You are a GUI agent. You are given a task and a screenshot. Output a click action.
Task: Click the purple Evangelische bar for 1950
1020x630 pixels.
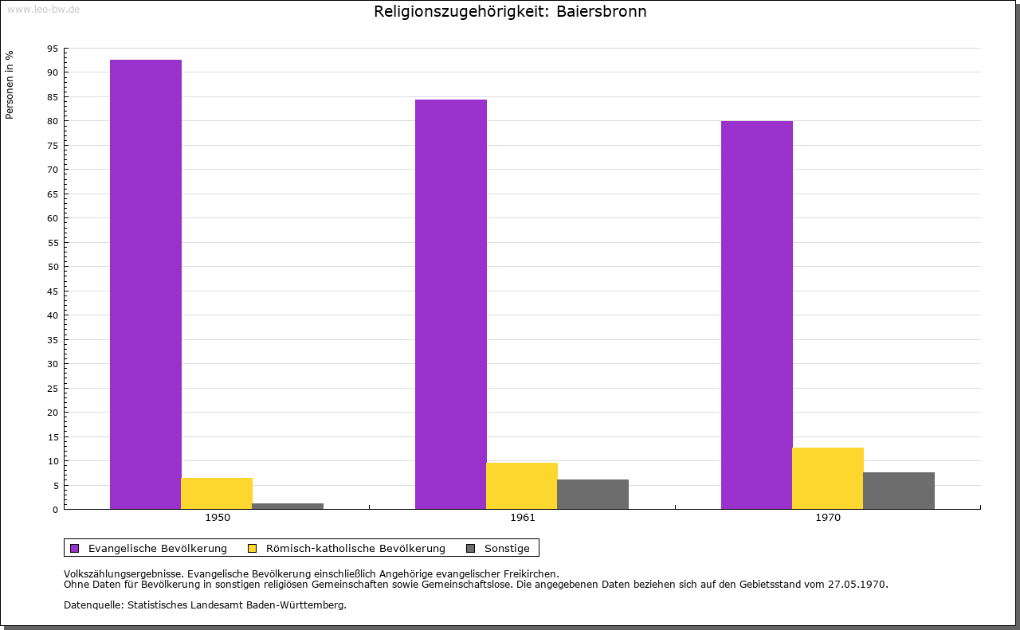[145, 284]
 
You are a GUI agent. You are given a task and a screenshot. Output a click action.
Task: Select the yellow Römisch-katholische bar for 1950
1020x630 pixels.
[217, 493]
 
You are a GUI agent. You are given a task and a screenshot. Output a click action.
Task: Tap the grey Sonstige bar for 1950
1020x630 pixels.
[288, 506]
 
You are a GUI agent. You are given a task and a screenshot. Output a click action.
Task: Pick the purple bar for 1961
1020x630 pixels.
[451, 304]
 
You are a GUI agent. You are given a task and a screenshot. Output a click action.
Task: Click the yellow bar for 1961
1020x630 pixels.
[522, 486]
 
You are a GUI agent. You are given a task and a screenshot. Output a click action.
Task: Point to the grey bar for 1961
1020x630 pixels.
[593, 494]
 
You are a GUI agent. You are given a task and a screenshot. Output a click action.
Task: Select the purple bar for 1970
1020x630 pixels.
[756, 315]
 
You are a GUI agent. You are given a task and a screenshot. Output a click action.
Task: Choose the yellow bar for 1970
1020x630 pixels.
[827, 478]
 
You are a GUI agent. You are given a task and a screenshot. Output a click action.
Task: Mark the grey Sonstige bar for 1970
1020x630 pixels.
[899, 491]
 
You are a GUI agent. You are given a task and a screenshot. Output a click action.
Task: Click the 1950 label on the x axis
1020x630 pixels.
[218, 518]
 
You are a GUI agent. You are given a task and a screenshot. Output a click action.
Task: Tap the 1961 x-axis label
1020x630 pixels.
[523, 518]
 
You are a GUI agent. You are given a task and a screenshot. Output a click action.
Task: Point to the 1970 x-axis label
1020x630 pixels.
[828, 518]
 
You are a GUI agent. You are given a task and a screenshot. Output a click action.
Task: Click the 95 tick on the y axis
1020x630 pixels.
[53, 49]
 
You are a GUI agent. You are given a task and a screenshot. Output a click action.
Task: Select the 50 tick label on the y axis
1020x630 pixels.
[53, 267]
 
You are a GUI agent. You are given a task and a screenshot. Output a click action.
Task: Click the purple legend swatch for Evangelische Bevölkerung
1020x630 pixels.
[75, 548]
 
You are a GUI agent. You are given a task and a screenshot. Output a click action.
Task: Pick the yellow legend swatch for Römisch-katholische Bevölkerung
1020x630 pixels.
[253, 548]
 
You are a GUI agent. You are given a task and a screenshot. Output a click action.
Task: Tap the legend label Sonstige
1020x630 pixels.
[507, 548]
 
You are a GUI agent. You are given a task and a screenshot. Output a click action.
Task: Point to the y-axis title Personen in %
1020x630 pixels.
[10, 84]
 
